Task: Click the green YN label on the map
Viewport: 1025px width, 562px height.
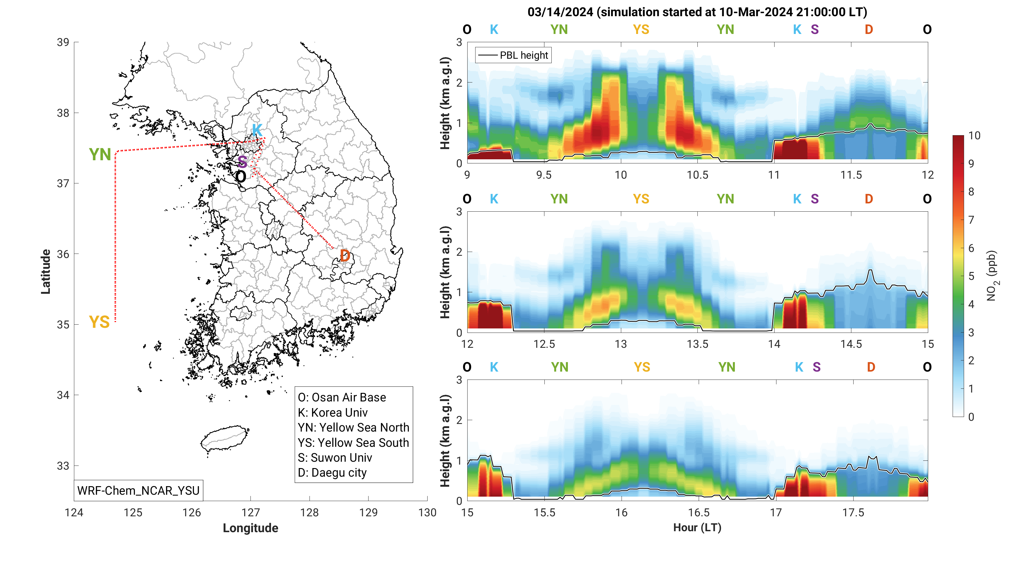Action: point(100,155)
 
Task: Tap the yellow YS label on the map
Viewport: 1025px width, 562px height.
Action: point(99,322)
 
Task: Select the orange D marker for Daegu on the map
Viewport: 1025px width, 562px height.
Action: point(345,256)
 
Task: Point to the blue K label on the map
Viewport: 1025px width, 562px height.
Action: point(257,130)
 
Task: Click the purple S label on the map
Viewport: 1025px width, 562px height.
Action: point(242,162)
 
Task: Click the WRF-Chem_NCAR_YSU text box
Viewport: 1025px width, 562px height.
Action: point(138,490)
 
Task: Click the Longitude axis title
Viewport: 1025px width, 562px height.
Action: point(250,528)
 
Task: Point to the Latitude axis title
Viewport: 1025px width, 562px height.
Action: point(46,272)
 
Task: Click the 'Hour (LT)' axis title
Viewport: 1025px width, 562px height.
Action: point(697,527)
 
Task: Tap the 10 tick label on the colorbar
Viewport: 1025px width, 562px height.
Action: point(974,136)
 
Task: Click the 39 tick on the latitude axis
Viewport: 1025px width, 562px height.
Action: point(63,42)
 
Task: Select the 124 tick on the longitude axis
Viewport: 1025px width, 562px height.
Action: point(74,513)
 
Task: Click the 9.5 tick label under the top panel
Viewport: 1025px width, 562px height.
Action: point(544,175)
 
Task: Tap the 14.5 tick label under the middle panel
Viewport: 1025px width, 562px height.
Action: point(851,344)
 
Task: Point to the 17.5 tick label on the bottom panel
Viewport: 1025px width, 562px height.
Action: point(853,513)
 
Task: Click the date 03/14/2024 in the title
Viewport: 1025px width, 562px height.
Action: point(560,12)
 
